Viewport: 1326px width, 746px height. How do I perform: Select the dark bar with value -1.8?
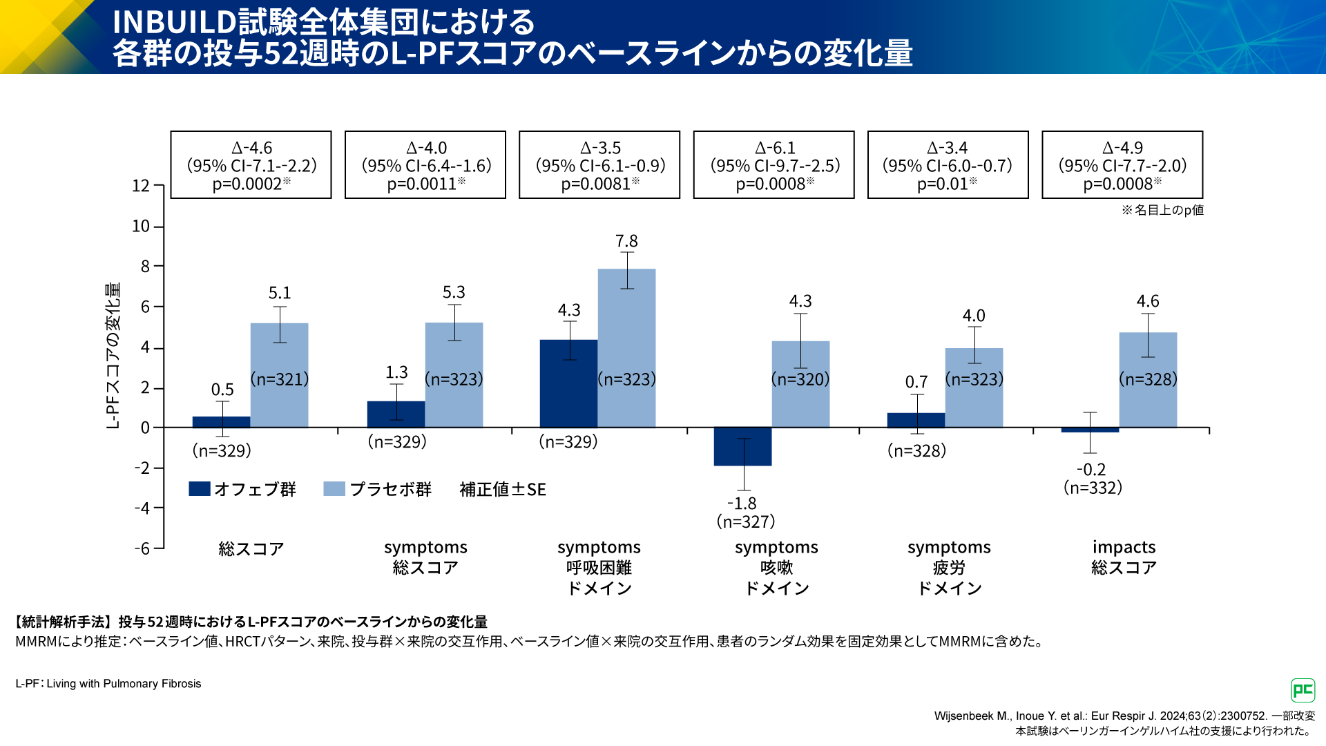pos(742,446)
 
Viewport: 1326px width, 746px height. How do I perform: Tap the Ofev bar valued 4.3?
pos(568,383)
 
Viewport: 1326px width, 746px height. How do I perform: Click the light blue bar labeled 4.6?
pos(1148,380)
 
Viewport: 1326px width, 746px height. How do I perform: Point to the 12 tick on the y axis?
pos(141,186)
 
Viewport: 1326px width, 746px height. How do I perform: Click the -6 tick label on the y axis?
pos(142,548)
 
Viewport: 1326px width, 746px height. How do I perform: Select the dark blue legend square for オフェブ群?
pos(200,489)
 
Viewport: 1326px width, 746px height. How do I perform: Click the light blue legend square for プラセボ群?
pos(334,489)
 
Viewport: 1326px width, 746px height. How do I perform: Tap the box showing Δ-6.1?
pos(773,165)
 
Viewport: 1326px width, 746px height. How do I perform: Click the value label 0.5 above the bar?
pos(222,390)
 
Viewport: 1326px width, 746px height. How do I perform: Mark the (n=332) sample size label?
pos(1093,488)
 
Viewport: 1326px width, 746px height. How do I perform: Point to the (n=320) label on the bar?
pos(800,379)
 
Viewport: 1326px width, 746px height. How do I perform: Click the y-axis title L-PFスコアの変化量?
pos(113,355)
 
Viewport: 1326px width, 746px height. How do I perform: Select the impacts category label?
pos(1124,547)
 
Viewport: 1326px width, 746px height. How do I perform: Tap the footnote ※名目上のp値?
pos(1162,210)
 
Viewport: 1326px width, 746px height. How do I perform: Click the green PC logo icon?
pos(1303,690)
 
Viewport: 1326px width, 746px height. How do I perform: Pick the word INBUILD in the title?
pos(175,22)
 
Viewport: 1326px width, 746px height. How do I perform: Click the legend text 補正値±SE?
pos(503,490)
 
